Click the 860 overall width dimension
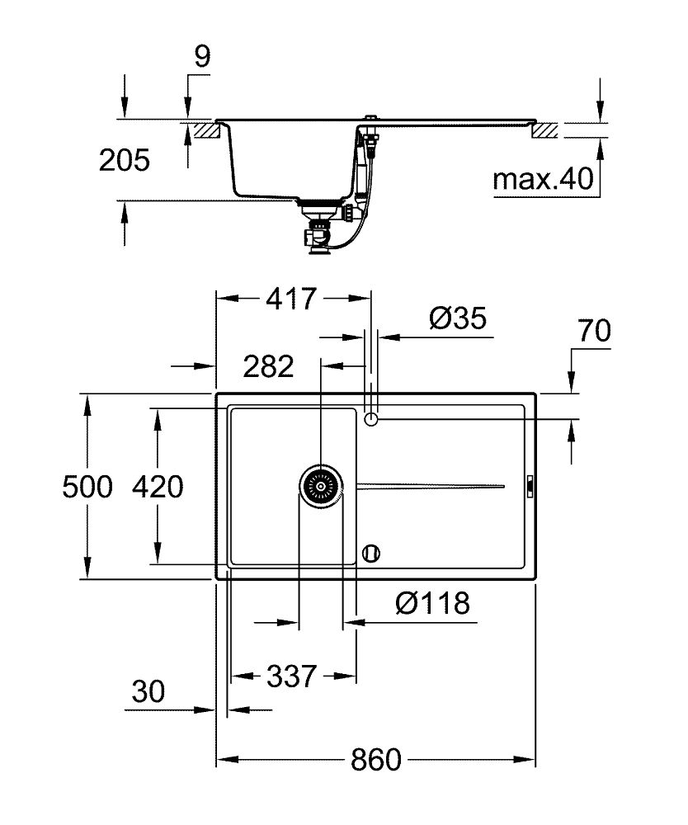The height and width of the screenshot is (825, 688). pyautogui.click(x=378, y=759)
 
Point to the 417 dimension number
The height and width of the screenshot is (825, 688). pyautogui.click(x=290, y=299)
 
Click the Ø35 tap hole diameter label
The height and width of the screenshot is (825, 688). pyautogui.click(x=458, y=318)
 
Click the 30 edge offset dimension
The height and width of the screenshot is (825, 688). pyautogui.click(x=148, y=691)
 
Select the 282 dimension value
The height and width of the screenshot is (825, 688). pyautogui.click(x=268, y=365)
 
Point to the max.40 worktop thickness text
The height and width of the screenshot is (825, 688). pyautogui.click(x=543, y=179)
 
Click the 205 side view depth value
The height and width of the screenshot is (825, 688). pyautogui.click(x=124, y=160)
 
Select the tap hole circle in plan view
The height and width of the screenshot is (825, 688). pyautogui.click(x=371, y=420)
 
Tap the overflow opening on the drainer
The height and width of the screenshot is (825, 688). pyautogui.click(x=371, y=552)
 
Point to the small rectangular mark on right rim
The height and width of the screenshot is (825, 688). pyautogui.click(x=530, y=487)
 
